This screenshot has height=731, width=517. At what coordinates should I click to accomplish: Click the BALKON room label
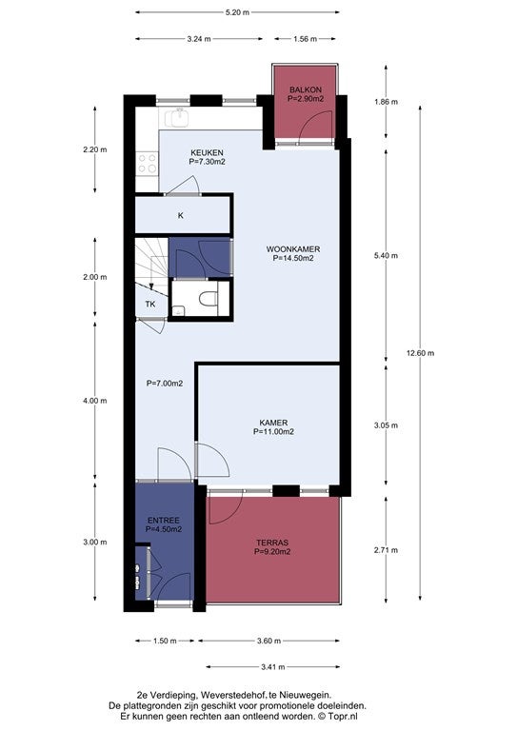306,89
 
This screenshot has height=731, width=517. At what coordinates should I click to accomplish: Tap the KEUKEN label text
207,152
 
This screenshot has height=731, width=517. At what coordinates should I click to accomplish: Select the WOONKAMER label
293,249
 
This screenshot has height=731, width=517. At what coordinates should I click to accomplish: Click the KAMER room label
273,423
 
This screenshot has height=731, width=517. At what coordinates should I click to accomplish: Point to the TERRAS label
272,543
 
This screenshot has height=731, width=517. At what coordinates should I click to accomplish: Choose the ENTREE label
164,521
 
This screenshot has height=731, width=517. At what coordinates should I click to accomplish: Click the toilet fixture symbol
208,298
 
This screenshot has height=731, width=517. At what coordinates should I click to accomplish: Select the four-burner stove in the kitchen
147,163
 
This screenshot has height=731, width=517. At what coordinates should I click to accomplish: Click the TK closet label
150,304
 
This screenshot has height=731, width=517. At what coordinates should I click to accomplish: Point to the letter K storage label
181,215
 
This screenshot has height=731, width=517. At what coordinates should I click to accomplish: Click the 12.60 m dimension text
420,353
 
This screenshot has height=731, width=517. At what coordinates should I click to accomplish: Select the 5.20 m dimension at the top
237,12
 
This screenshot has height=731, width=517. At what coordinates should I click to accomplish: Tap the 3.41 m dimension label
273,666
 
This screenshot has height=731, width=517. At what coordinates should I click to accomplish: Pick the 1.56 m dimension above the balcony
306,39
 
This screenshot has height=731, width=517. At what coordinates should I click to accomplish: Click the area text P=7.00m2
165,384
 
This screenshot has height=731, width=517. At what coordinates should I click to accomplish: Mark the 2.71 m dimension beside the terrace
386,550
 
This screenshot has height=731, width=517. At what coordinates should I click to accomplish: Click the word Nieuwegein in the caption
309,695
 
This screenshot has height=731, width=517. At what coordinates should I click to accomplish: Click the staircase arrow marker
151,286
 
